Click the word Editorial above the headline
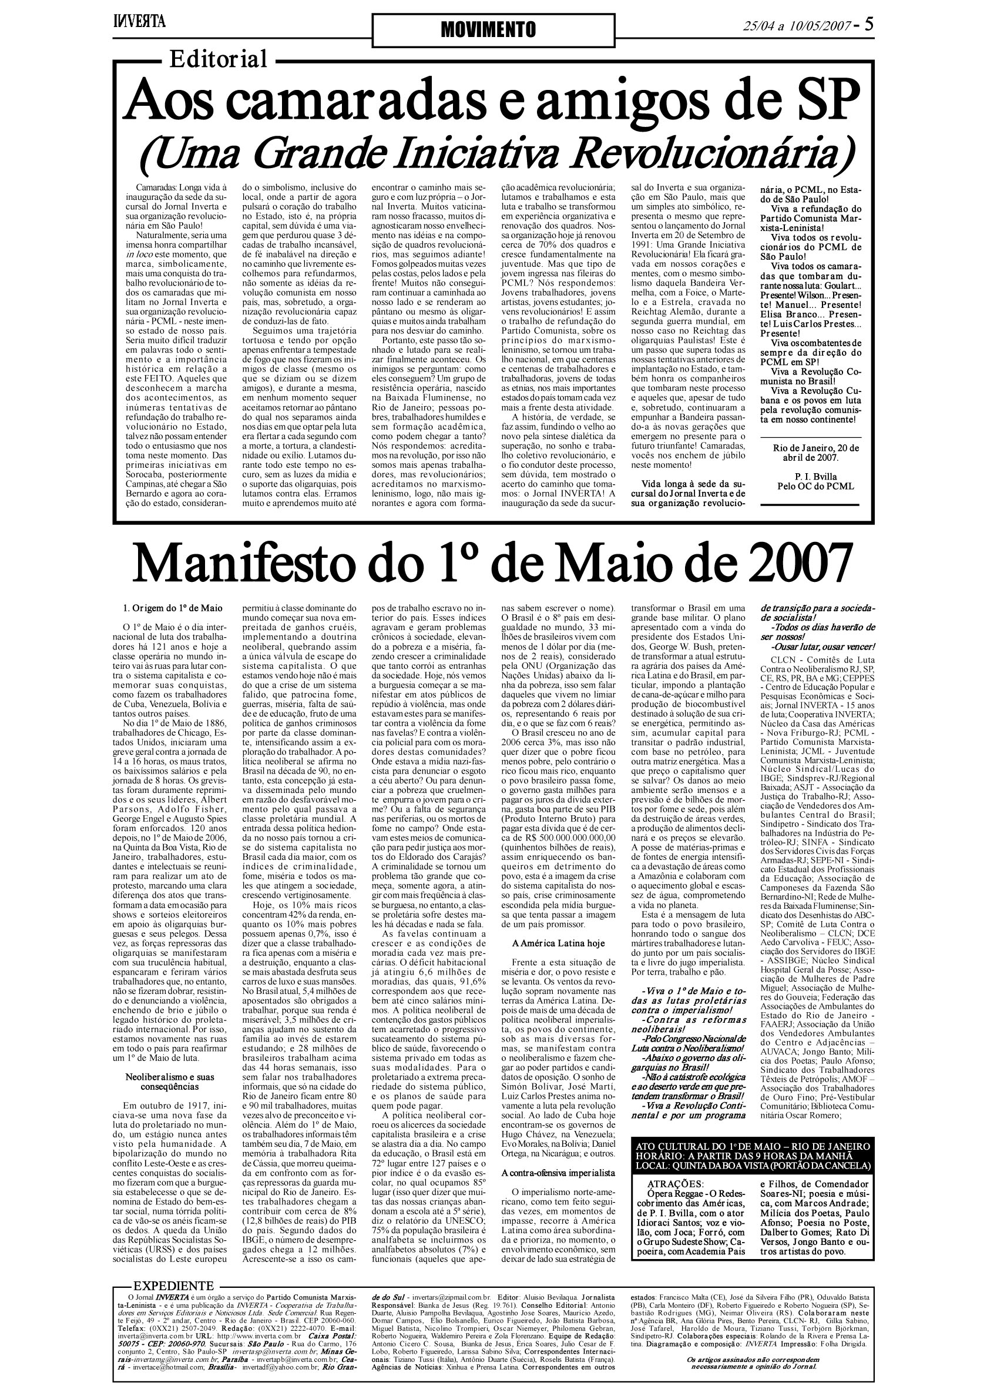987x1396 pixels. click(218, 59)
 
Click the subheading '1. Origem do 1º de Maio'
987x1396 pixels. click(172, 608)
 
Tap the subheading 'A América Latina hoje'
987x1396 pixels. click(558, 943)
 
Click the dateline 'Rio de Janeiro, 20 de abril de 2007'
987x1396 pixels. click(815, 453)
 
